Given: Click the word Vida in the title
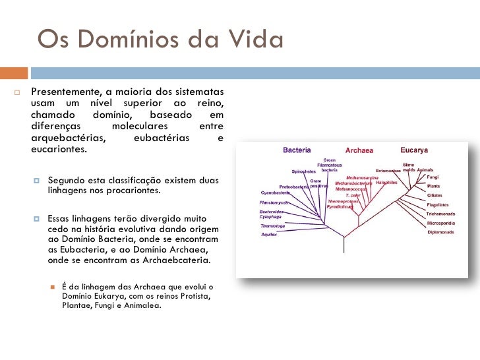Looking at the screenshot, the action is point(254,40).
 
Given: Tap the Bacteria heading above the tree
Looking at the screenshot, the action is point(297,150).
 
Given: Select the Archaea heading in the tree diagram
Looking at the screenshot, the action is point(359,150).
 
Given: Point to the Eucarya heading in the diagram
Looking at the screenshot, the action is point(414,150).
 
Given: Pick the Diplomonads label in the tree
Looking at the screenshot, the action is point(440,232).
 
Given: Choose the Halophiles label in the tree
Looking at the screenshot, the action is point(386,183).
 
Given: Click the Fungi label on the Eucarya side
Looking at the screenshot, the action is point(433,177).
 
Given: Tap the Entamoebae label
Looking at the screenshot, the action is point(388,171).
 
